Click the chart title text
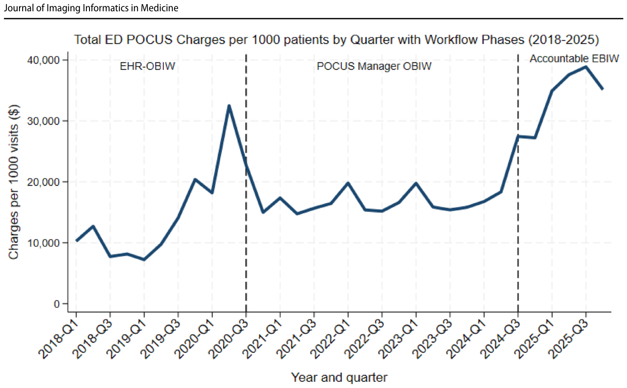pyautogui.click(x=336, y=40)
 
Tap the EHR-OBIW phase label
pyautogui.click(x=147, y=66)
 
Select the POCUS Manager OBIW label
pyautogui.click(x=374, y=66)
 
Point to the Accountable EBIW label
pyautogui.click(x=574, y=58)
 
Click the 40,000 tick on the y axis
pyautogui.click(x=43, y=61)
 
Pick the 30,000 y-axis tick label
pyautogui.click(x=43, y=121)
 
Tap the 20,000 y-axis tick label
pyautogui.click(x=43, y=182)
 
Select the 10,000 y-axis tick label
pyautogui.click(x=43, y=243)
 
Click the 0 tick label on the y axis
pyautogui.click(x=57, y=304)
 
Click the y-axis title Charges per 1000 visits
pyautogui.click(x=14, y=182)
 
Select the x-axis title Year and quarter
pyautogui.click(x=339, y=377)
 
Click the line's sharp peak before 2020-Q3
pyautogui.click(x=229, y=105)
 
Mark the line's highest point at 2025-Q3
pyautogui.click(x=585, y=67)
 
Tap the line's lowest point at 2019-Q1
pyautogui.click(x=144, y=260)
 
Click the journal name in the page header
pyautogui.click(x=91, y=8)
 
